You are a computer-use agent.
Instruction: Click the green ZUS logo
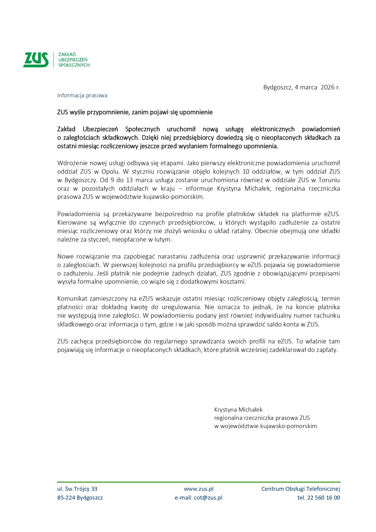pyautogui.click(x=36, y=59)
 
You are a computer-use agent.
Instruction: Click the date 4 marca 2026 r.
pyautogui.click(x=317, y=87)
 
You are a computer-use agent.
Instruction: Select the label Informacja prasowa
pyautogui.click(x=82, y=95)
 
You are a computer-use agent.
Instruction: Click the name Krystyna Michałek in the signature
pyautogui.click(x=238, y=410)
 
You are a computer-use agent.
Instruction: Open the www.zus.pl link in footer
pyautogui.click(x=198, y=489)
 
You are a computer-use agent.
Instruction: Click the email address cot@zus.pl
pyautogui.click(x=208, y=497)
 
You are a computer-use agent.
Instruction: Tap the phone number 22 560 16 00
pyautogui.click(x=323, y=497)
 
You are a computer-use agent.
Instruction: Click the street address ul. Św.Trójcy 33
pyautogui.click(x=77, y=489)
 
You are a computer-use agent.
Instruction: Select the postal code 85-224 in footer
pyautogui.click(x=66, y=497)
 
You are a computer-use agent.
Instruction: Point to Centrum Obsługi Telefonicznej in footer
pyautogui.click(x=301, y=489)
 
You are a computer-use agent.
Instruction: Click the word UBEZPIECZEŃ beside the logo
pyautogui.click(x=73, y=59)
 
